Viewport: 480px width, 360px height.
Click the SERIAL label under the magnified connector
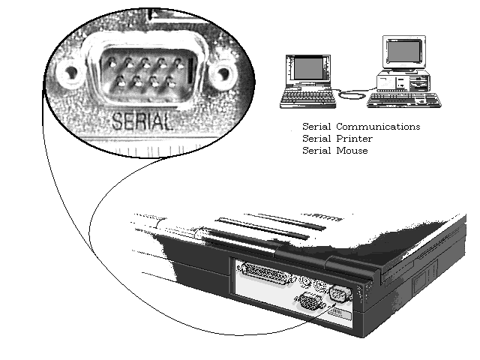pos(142,121)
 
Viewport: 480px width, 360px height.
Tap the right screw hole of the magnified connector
pos(223,73)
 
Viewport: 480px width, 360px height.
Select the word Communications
pos(378,127)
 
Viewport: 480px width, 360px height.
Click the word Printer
pos(354,138)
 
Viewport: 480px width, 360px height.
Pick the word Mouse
pos(352,150)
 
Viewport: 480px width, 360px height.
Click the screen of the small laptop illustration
pos(308,68)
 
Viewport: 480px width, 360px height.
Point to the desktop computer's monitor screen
pos(403,51)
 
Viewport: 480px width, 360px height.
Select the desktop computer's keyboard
pos(404,100)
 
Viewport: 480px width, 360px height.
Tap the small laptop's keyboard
pos(307,97)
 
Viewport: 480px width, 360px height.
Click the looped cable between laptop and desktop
pos(352,93)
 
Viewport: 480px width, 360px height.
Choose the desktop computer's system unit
pos(403,80)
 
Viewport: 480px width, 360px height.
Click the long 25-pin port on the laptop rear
pos(265,273)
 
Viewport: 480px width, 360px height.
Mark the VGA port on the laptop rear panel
pos(309,301)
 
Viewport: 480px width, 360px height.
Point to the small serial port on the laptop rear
pos(339,294)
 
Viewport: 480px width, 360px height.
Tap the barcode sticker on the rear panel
pos(340,313)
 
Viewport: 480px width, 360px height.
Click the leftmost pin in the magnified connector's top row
pos(112,64)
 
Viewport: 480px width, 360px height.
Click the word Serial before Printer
pos(316,138)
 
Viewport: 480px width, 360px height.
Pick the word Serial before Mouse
pos(316,150)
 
